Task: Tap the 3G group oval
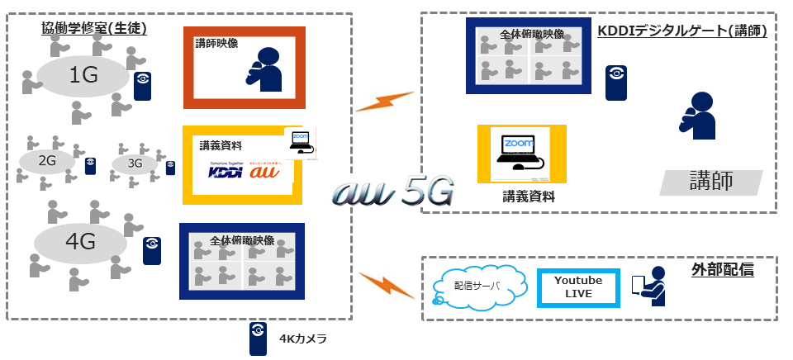[135, 164]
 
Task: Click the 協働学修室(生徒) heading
[94, 29]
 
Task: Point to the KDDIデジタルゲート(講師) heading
[682, 31]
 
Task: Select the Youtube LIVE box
[578, 287]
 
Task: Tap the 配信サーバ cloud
[477, 287]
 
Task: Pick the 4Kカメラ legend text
[303, 339]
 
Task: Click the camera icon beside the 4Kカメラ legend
[258, 338]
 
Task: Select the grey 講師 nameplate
[712, 182]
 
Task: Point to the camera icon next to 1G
[143, 85]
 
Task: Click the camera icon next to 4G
[151, 250]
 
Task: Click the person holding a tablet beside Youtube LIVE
[650, 286]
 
